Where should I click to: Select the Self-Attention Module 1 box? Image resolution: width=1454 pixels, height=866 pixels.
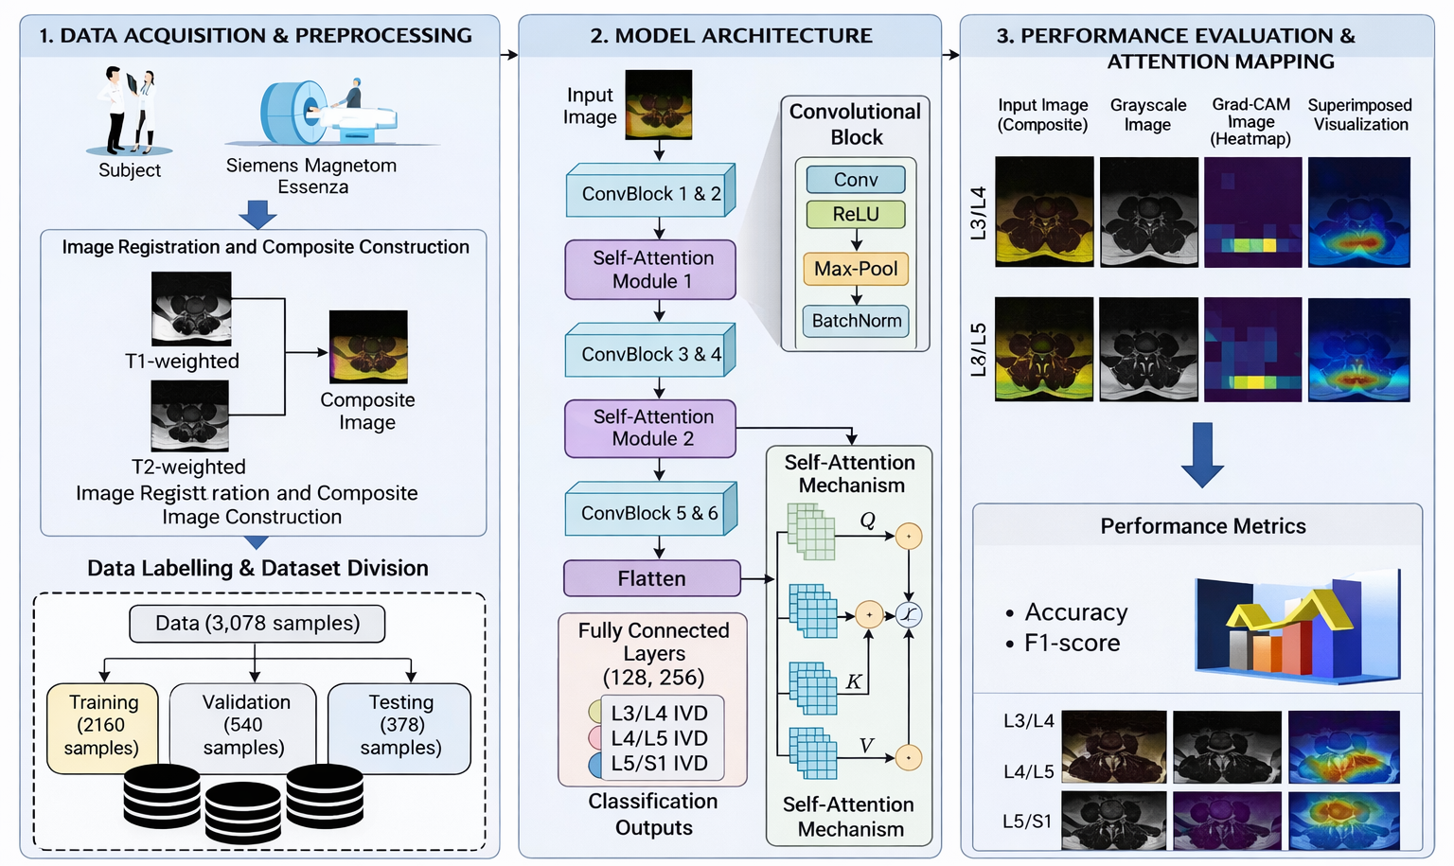click(650, 270)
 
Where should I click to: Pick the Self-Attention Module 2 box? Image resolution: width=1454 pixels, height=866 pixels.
click(650, 429)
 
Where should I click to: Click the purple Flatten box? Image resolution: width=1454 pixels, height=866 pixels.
click(651, 578)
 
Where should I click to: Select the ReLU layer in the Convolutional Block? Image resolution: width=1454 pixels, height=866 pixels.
click(856, 214)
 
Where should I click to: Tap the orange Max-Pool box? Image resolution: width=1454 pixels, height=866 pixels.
click(856, 268)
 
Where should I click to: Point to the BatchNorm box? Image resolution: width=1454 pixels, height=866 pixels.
click(856, 321)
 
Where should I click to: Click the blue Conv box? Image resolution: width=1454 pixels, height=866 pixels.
click(856, 179)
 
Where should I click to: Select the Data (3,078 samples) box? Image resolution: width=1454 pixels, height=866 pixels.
click(257, 623)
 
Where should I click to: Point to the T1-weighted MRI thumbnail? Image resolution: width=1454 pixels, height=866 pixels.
click(191, 309)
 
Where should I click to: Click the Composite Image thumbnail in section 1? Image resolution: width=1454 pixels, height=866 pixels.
click(368, 346)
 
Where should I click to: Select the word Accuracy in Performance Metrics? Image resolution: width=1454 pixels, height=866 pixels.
click(1075, 612)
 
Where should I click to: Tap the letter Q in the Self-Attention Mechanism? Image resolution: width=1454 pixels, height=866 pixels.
click(867, 521)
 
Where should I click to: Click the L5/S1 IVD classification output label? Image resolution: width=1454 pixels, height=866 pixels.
click(659, 763)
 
